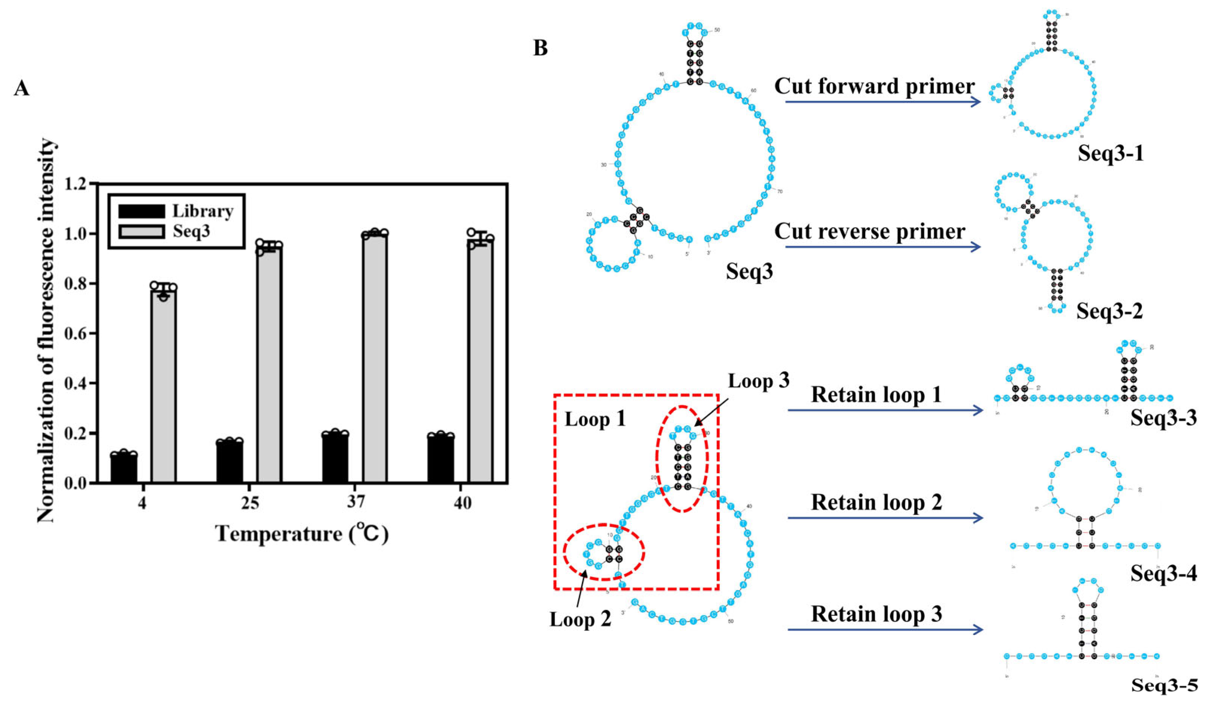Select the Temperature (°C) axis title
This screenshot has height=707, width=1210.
coord(301,534)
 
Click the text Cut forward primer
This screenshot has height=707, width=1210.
coord(874,86)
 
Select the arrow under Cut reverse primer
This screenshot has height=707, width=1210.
coord(883,247)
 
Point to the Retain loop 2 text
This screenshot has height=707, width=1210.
coord(876,502)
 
